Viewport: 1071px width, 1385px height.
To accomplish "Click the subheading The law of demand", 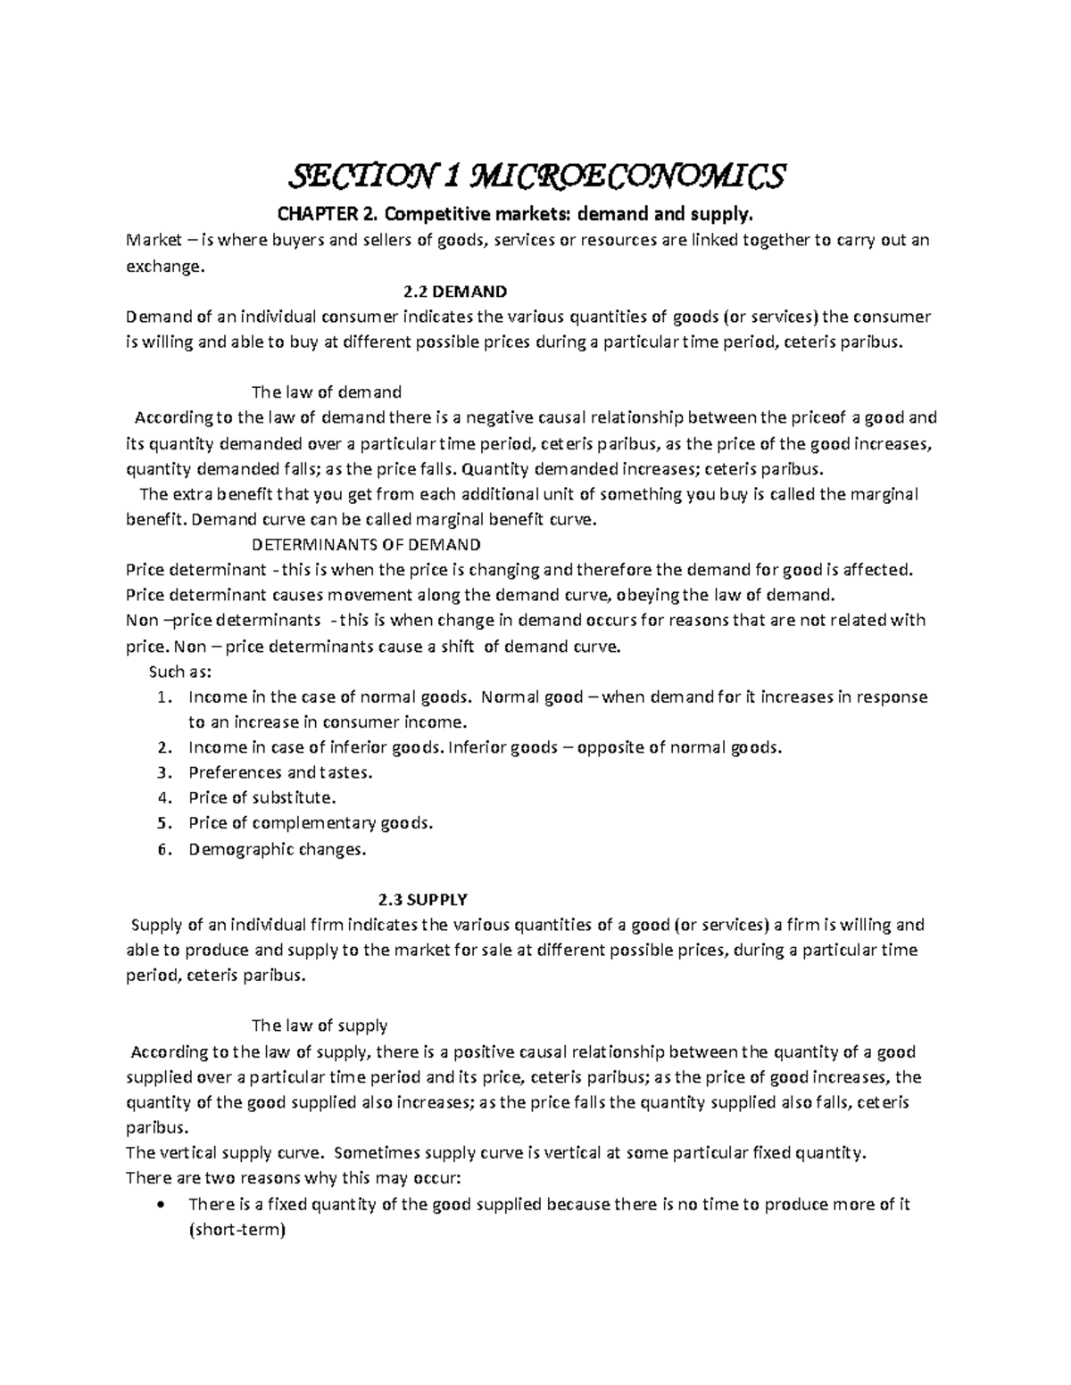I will (327, 392).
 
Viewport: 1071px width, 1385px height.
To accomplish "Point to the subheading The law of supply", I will (320, 1026).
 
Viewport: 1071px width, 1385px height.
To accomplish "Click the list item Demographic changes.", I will (277, 849).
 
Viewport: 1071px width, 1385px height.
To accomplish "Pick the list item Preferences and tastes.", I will (280, 772).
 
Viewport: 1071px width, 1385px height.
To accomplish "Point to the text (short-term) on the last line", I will (237, 1230).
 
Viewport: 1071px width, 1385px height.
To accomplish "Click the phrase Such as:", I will (178, 672).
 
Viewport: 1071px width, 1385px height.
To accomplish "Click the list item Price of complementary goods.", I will (311, 823).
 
